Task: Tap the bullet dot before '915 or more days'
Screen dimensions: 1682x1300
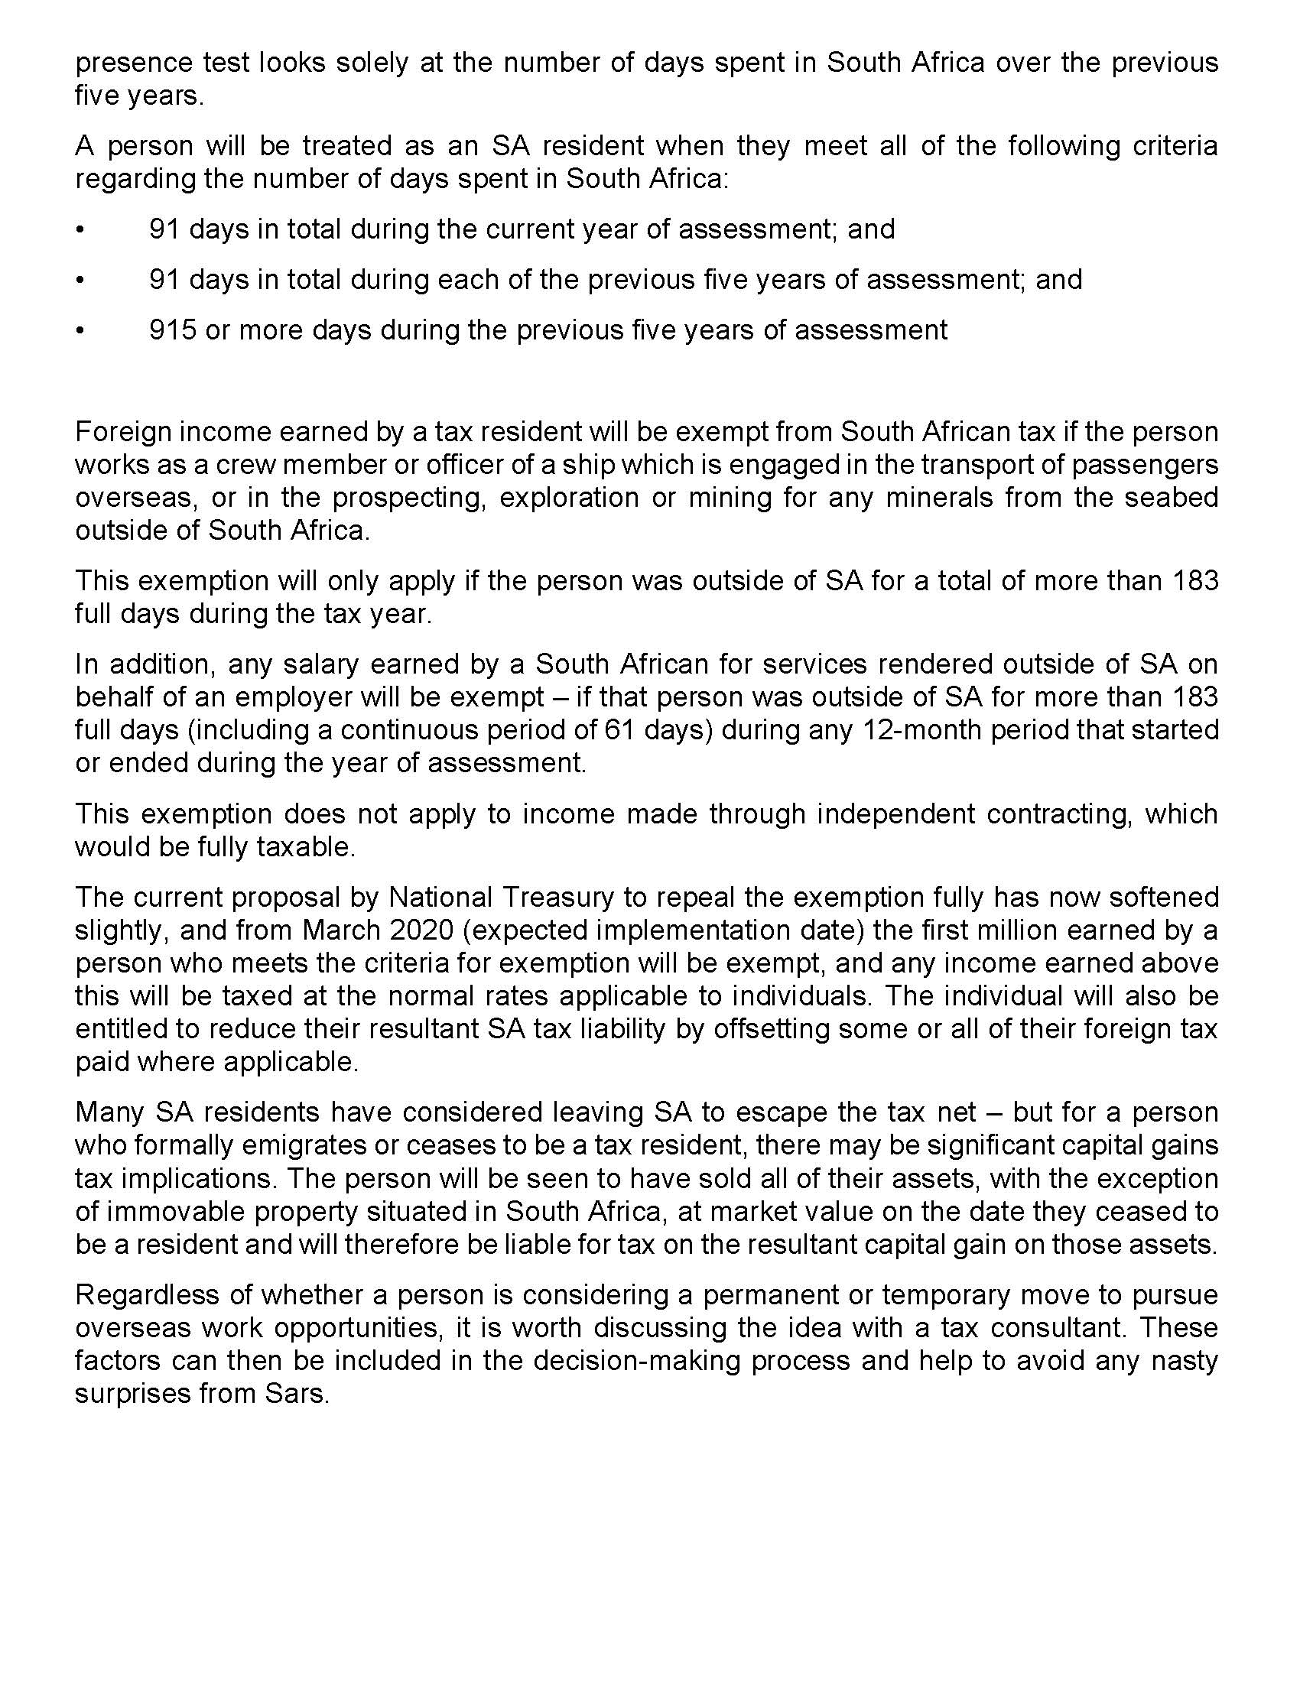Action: [x=80, y=330]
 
